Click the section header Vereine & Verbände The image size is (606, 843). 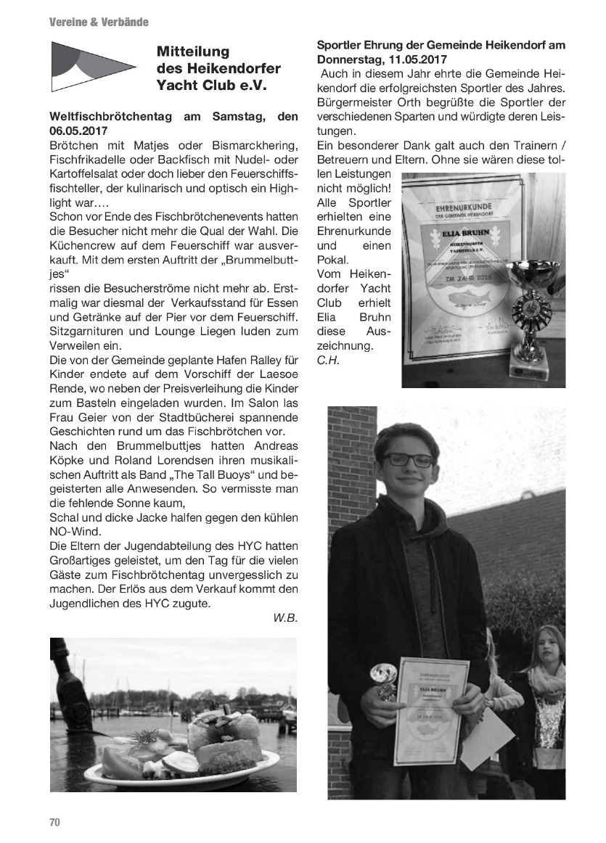(x=99, y=22)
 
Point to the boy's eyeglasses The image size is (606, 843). (x=408, y=459)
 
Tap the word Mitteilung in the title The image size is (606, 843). (x=193, y=52)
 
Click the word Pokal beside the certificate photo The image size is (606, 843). (x=333, y=259)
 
